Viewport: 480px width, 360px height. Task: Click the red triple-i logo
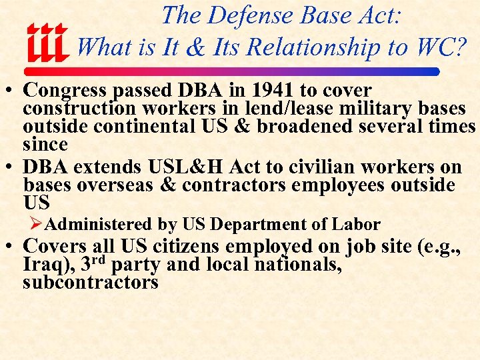[47, 43]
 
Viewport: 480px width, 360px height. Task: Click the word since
[45, 144]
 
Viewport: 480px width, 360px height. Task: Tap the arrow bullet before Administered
[42, 225]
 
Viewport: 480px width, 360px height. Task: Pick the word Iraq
[46, 265]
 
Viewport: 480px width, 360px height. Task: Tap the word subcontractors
[90, 283]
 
